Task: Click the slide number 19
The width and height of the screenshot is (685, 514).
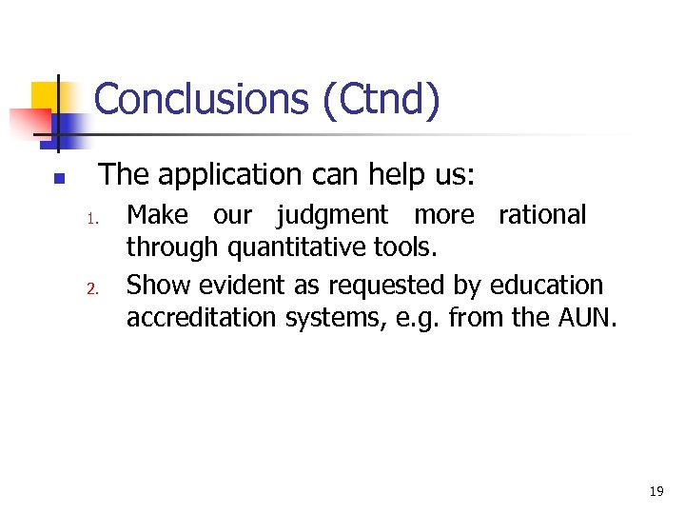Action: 656,492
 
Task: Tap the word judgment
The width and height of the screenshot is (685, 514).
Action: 332,216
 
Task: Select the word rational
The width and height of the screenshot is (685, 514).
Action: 542,215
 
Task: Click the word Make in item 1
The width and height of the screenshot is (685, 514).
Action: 157,215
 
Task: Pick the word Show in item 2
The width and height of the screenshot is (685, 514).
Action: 158,285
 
